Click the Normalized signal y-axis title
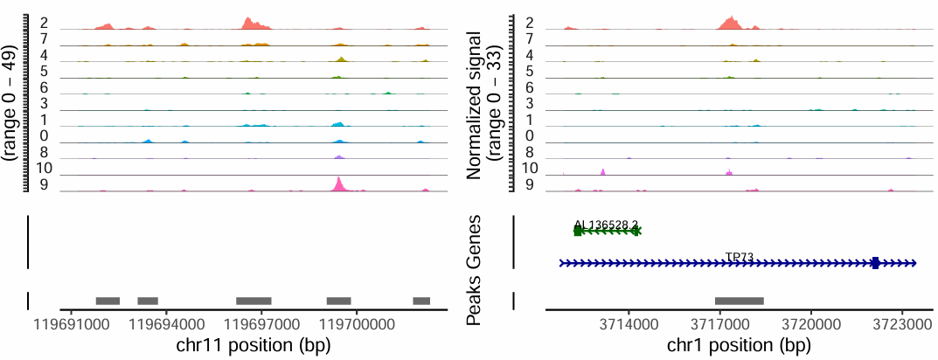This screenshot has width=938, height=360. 483,105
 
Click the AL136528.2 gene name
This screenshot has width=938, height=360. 606,225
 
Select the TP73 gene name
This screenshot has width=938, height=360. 740,257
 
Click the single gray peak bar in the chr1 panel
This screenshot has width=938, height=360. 740,301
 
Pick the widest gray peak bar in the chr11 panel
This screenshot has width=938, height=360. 254,301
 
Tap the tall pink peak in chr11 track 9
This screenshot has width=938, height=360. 339,183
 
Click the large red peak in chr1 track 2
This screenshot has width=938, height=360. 728,22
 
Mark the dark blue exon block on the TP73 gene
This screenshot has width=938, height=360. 875,263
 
